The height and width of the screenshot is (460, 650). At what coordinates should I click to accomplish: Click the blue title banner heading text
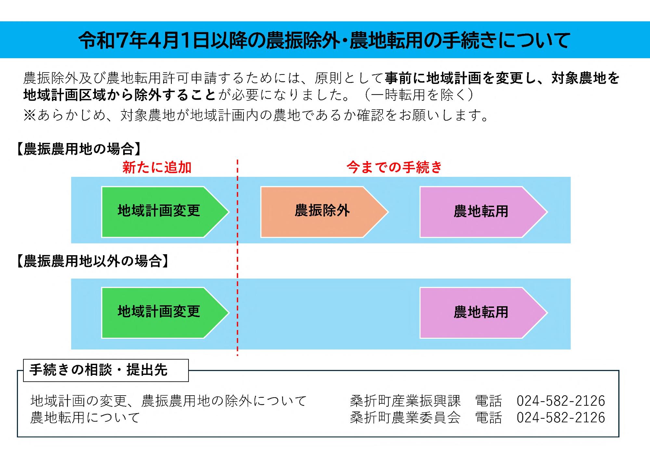pyautogui.click(x=324, y=40)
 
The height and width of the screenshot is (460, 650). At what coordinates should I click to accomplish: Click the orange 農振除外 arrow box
pyautogui.click(x=322, y=211)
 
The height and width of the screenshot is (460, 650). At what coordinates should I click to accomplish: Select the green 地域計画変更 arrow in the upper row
pyautogui.click(x=159, y=211)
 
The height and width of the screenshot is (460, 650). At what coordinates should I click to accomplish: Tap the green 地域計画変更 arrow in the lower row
pyautogui.click(x=159, y=312)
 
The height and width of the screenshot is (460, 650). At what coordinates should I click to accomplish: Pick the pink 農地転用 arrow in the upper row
pyautogui.click(x=481, y=211)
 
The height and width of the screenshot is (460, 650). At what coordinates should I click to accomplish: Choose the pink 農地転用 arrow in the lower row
pyautogui.click(x=481, y=312)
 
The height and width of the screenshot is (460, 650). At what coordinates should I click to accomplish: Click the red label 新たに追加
pyautogui.click(x=157, y=167)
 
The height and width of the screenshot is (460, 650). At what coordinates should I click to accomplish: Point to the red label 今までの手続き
pyautogui.click(x=394, y=167)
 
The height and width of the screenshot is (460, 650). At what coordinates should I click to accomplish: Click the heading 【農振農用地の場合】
pyautogui.click(x=79, y=149)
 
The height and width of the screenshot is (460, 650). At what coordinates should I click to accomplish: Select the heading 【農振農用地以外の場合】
pyautogui.click(x=93, y=261)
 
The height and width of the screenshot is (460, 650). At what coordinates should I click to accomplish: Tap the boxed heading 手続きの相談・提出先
pyautogui.click(x=98, y=370)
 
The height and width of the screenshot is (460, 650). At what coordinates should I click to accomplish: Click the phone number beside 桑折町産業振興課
pyautogui.click(x=561, y=401)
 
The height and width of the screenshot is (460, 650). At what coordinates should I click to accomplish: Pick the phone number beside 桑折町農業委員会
pyautogui.click(x=561, y=418)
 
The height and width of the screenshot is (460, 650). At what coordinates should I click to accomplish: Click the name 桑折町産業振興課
pyautogui.click(x=405, y=401)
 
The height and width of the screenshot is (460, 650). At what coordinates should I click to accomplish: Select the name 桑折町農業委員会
pyautogui.click(x=405, y=418)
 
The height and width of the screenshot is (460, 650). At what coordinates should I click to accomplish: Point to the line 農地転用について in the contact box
pyautogui.click(x=85, y=418)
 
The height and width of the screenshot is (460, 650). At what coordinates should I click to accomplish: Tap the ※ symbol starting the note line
pyautogui.click(x=29, y=115)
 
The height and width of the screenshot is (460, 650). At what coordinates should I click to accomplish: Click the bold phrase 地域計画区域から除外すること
pyautogui.click(x=119, y=95)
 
